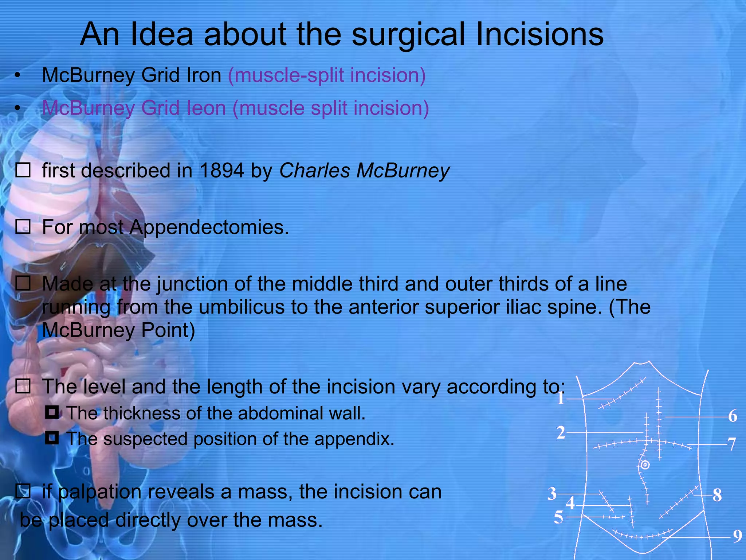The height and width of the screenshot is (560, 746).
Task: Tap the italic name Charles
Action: [314, 171]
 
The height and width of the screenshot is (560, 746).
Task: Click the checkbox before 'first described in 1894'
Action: [23, 170]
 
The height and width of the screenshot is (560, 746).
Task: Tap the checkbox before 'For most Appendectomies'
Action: [23, 226]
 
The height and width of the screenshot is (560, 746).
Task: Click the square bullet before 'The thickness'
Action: [52, 413]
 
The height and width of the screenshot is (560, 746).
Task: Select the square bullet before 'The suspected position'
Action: [52, 438]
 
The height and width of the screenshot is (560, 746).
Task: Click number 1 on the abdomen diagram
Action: [561, 398]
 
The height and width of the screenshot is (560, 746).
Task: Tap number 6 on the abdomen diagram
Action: [733, 416]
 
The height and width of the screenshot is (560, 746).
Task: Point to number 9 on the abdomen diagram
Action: [738, 536]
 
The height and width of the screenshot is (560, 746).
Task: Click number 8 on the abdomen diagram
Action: [717, 495]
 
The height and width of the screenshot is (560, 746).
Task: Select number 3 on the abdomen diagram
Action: [552, 494]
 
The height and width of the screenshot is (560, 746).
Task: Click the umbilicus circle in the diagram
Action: [645, 465]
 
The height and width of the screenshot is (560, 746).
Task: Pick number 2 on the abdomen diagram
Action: [561, 433]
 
